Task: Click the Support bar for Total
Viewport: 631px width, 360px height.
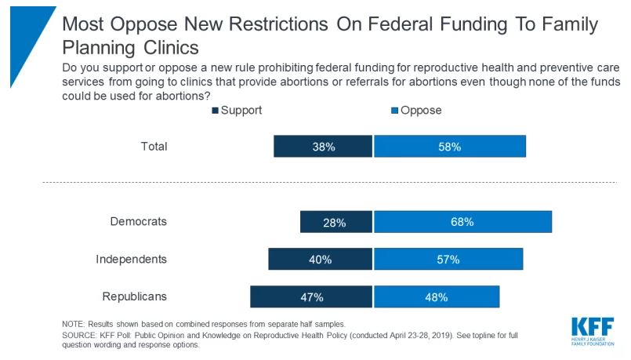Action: [323, 146]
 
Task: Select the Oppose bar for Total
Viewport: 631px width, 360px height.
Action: [450, 146]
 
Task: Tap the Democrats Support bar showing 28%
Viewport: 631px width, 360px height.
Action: [336, 222]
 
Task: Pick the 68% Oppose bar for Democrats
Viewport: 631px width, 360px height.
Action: [462, 222]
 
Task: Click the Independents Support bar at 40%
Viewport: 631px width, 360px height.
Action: [321, 259]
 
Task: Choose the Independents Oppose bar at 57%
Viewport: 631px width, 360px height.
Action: [448, 259]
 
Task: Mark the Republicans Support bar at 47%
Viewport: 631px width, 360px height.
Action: [311, 296]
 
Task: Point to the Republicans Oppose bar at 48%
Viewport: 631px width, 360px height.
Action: [437, 296]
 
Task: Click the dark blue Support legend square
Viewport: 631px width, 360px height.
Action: [216, 111]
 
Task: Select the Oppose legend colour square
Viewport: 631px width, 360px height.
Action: [395, 111]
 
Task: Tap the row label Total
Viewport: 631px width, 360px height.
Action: [154, 146]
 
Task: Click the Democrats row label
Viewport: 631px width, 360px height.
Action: [139, 221]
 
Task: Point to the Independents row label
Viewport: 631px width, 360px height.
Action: [131, 259]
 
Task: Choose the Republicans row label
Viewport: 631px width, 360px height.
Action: [134, 296]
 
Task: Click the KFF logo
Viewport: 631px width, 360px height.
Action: [593, 331]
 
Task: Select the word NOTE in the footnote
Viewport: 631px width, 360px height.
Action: [73, 324]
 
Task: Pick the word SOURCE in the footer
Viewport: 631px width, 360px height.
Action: [79, 336]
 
